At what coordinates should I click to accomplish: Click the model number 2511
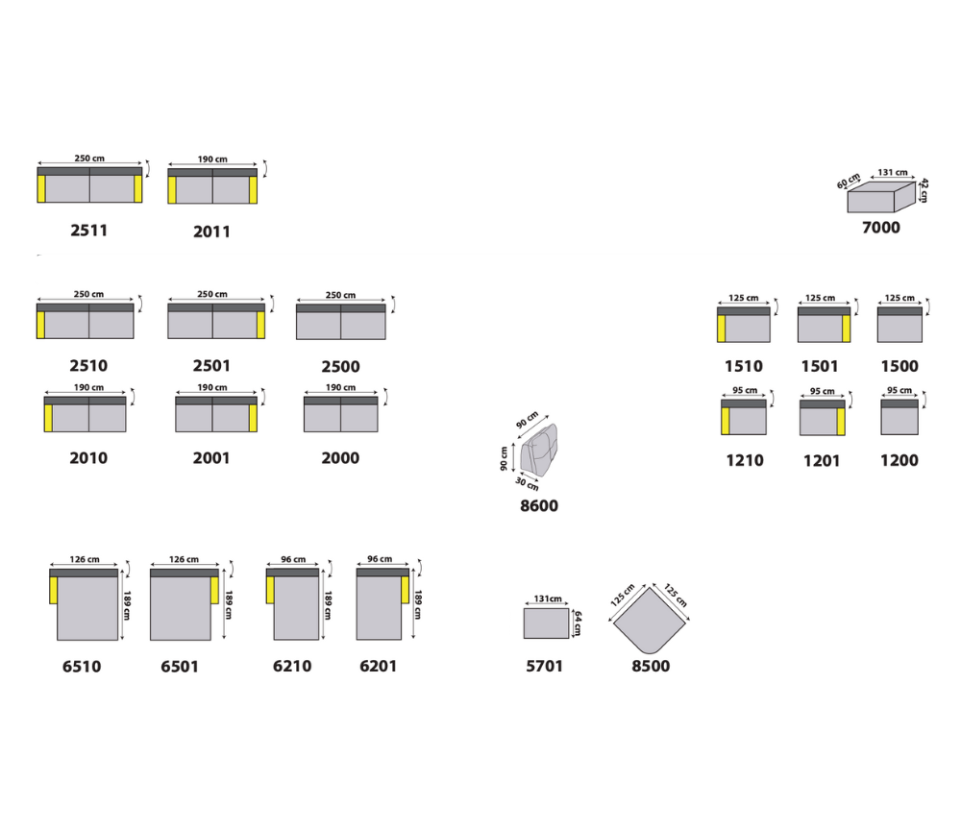88,231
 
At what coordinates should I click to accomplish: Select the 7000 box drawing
877,196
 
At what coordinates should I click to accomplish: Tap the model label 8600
538,506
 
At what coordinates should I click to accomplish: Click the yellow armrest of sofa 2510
41,325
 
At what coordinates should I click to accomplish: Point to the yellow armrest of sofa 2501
260,325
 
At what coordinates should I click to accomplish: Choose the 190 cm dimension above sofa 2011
212,159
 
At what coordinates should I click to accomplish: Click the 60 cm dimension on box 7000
848,182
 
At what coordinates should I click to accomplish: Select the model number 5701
545,666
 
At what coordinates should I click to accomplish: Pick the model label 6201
378,666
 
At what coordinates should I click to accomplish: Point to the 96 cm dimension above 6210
293,560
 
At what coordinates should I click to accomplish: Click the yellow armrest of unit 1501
847,329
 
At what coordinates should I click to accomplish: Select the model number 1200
899,460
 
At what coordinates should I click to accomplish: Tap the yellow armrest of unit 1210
726,421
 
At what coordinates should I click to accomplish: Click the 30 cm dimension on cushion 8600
528,483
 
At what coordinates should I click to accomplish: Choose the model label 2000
340,458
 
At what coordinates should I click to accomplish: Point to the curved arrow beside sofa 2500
393,305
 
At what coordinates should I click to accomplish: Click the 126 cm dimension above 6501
183,560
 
